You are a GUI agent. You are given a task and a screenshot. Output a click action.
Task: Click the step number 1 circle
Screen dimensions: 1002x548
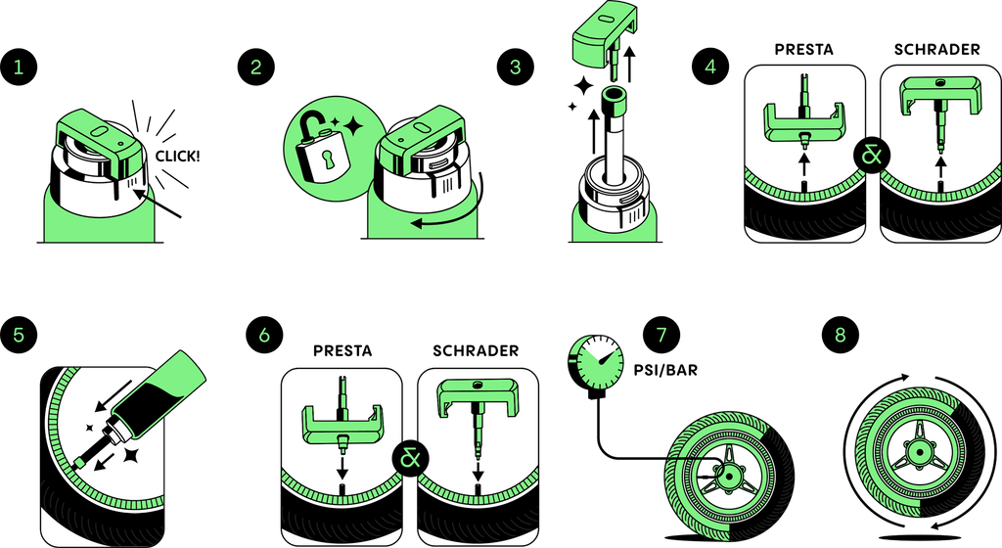[19, 68]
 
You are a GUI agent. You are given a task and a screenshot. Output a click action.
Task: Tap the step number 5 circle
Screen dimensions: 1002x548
[19, 335]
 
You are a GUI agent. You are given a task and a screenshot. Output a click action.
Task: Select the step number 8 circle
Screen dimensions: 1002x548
[840, 335]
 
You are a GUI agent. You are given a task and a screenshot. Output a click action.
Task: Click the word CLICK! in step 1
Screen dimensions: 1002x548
[178, 156]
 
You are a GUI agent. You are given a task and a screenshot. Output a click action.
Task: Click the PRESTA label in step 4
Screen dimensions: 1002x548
[804, 50]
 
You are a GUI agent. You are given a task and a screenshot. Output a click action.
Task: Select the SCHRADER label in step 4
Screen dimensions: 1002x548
[936, 50]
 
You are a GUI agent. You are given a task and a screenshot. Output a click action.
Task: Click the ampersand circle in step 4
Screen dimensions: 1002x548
[872, 156]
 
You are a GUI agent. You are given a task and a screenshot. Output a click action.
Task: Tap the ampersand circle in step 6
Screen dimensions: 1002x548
[411, 458]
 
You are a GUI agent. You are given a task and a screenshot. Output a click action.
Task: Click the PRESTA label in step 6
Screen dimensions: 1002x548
[342, 350]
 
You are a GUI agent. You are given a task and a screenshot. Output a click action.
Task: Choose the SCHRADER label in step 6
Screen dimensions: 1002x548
[476, 350]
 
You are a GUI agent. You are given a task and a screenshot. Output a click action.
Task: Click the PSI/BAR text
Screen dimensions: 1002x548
[665, 370]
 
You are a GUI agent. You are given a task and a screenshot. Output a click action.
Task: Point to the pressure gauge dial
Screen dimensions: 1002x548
[596, 361]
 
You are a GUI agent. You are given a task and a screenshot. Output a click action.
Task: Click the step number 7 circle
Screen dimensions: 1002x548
[661, 335]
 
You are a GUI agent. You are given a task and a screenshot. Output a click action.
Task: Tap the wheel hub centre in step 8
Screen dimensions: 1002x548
[919, 452]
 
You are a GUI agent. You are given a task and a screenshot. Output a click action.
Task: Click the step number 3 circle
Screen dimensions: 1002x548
[516, 68]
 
